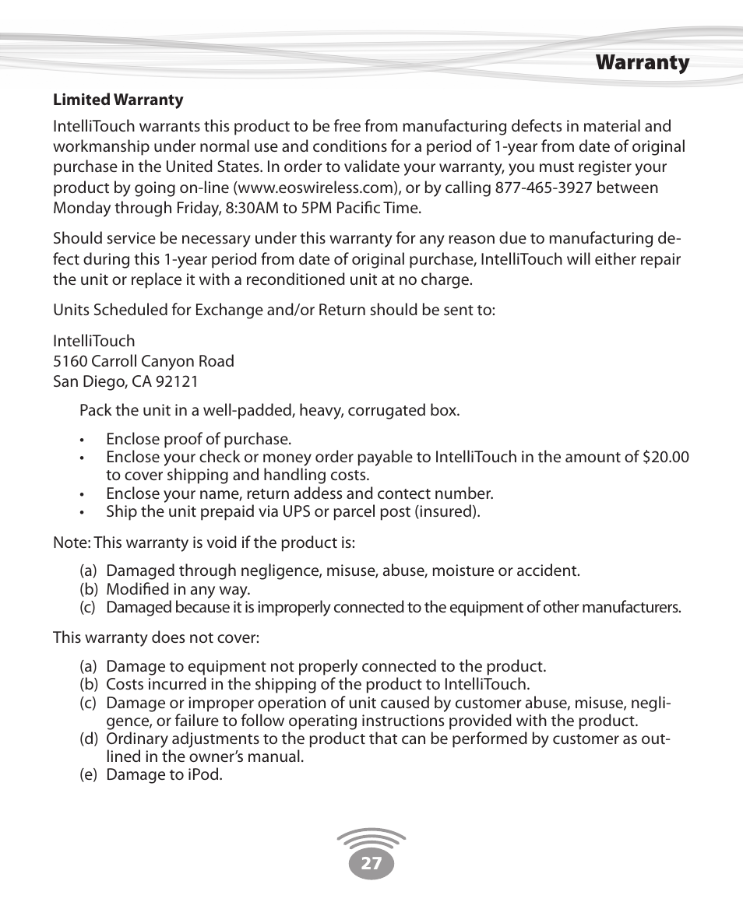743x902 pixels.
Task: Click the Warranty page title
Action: [643, 63]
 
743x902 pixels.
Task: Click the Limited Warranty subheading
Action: [118, 100]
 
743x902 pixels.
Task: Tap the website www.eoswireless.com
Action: [322, 188]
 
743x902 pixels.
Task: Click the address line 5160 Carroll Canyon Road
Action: [143, 361]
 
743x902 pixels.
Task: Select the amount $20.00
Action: [665, 457]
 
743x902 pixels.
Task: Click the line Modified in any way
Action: [178, 589]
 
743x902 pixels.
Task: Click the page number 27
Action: [371, 863]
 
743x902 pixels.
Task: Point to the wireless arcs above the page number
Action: [371, 838]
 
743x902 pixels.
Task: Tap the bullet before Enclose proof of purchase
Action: [81, 440]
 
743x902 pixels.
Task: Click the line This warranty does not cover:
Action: [156, 637]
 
